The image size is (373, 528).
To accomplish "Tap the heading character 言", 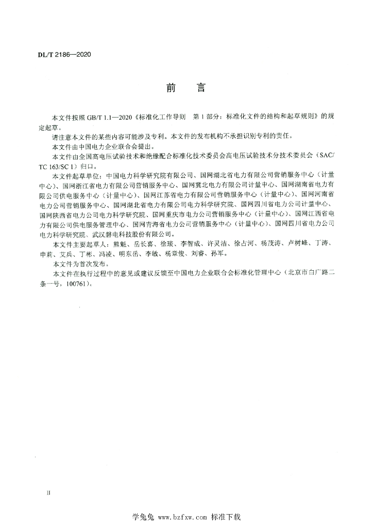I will click(x=201, y=88).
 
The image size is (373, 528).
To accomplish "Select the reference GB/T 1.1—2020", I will click(x=109, y=118).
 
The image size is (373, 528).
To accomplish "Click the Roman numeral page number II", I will click(x=48, y=493).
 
